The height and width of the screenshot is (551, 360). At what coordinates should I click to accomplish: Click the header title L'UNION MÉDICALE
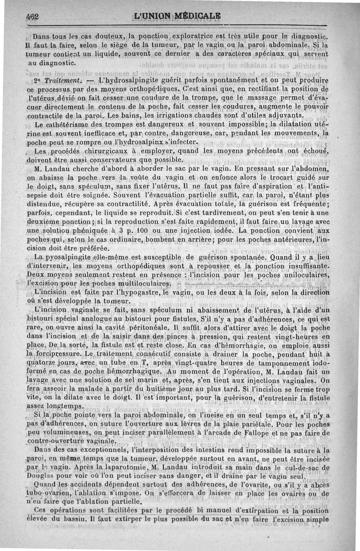[178, 16]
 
